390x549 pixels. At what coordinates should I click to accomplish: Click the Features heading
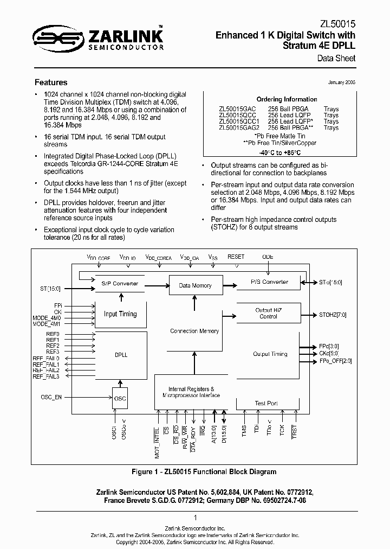point(51,82)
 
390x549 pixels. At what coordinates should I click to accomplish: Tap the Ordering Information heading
point(287,99)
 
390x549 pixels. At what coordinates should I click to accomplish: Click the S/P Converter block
point(120,284)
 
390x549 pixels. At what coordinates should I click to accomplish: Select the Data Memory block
point(195,285)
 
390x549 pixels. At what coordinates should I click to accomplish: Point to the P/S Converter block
point(269,282)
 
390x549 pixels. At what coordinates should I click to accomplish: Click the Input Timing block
point(120,314)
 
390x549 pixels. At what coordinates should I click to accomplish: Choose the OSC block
point(120,399)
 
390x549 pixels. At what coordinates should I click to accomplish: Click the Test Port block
point(266,403)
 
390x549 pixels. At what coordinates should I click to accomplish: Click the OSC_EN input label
point(51,397)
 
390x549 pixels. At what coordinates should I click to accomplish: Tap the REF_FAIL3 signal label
point(46,376)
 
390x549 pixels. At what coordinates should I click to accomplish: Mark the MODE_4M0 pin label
point(48,318)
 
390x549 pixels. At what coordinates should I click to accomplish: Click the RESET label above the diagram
point(236,257)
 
